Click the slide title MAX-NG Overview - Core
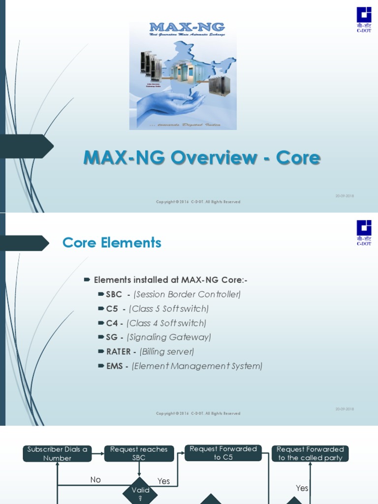(x=202, y=158)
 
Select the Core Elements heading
(x=112, y=243)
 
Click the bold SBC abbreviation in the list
(x=114, y=294)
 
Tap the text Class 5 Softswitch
(x=169, y=309)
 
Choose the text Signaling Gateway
(x=169, y=337)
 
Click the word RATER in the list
(x=119, y=351)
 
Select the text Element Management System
(x=197, y=366)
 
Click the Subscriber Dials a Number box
(x=57, y=453)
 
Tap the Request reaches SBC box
(x=139, y=453)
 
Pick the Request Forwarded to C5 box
(x=223, y=453)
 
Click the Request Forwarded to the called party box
(x=310, y=453)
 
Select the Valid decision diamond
(x=139, y=490)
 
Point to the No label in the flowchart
(x=95, y=479)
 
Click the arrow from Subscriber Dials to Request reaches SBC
(x=98, y=453)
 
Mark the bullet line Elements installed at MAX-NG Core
(x=170, y=280)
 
